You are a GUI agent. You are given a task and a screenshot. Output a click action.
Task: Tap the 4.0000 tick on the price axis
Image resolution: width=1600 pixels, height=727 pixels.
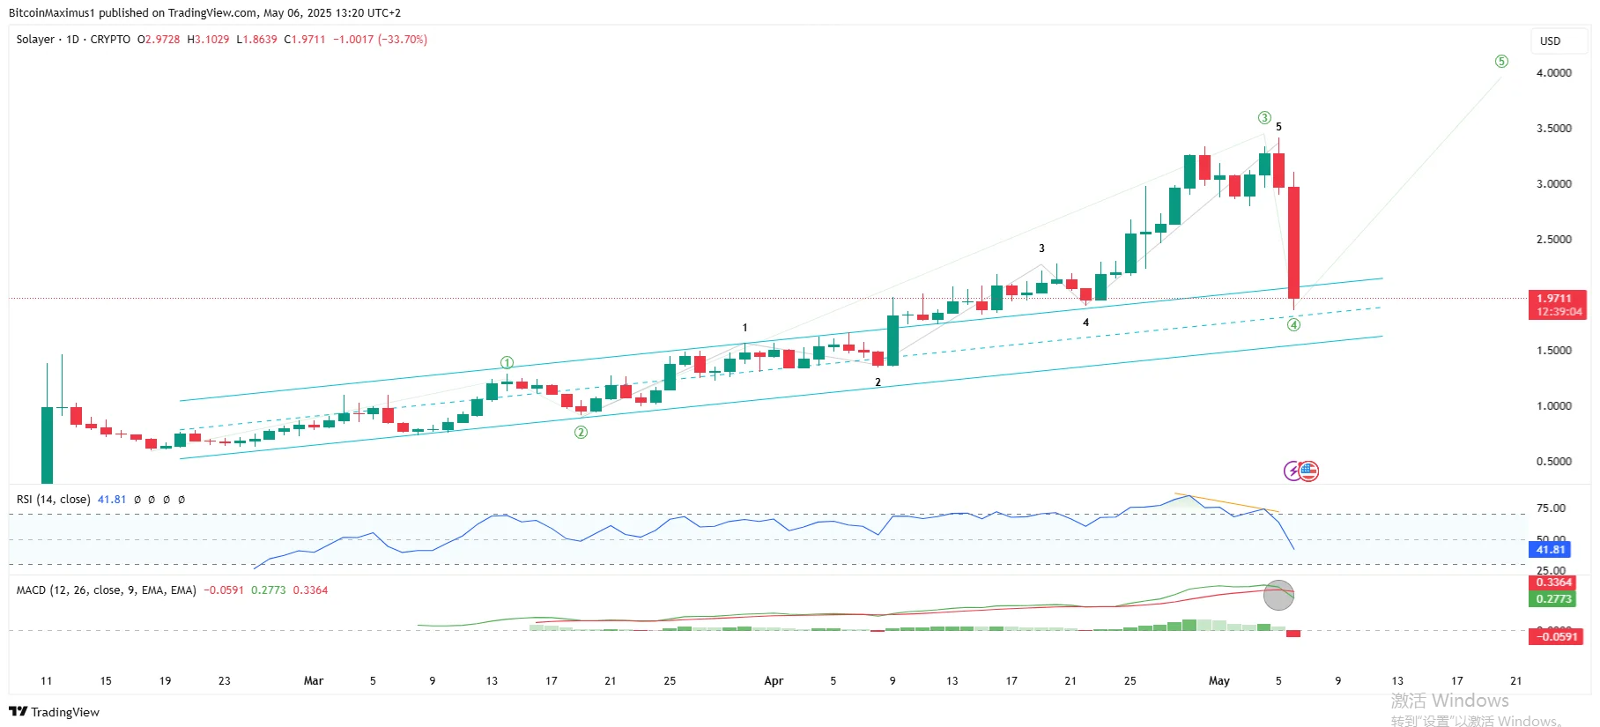pyautogui.click(x=1553, y=73)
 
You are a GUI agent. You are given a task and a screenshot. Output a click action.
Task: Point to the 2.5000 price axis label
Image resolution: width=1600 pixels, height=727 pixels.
pyautogui.click(x=1553, y=240)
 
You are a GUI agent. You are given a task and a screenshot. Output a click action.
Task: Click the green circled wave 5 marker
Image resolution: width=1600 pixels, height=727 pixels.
pyautogui.click(x=1501, y=62)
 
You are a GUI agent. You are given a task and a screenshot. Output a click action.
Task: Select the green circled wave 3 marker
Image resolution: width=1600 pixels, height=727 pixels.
pyautogui.click(x=1264, y=118)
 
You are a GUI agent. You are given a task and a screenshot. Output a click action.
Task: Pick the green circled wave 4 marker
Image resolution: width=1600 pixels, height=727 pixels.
pyautogui.click(x=1293, y=325)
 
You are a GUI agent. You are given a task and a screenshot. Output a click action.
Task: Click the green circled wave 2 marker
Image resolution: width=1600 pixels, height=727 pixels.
pyautogui.click(x=581, y=433)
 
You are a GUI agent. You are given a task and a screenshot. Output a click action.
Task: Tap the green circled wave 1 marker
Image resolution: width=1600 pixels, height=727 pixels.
pyautogui.click(x=507, y=363)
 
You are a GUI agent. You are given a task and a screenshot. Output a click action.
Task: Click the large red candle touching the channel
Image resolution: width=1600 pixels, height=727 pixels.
pyautogui.click(x=1293, y=242)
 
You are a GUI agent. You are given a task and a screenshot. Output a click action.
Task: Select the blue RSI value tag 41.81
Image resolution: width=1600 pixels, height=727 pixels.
pyautogui.click(x=1551, y=550)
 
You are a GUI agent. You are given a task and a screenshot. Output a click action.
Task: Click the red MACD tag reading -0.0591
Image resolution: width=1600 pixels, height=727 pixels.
pyautogui.click(x=1557, y=636)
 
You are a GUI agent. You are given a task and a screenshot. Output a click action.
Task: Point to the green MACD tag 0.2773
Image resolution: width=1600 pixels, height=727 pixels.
pyautogui.click(x=1553, y=599)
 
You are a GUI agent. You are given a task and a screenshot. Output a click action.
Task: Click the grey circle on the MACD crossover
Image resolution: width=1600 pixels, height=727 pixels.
pyautogui.click(x=1278, y=596)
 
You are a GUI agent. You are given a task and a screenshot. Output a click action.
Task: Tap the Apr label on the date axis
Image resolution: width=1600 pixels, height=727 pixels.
pyautogui.click(x=774, y=681)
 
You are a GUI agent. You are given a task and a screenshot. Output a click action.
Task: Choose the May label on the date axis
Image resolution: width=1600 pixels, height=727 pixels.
pyautogui.click(x=1219, y=681)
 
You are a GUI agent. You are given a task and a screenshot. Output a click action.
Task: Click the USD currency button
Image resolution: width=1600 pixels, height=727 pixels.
pyautogui.click(x=1550, y=41)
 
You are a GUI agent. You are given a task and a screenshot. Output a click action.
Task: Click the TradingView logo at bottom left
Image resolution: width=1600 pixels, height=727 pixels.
pyautogui.click(x=55, y=712)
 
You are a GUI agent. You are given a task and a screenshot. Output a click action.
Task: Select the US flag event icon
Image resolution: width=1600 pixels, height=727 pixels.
pyautogui.click(x=1308, y=471)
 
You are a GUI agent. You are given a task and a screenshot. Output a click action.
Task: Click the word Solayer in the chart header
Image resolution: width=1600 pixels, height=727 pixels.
pyautogui.click(x=35, y=40)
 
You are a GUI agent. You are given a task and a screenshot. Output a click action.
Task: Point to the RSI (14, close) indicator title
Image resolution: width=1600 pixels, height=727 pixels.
pyautogui.click(x=53, y=500)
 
